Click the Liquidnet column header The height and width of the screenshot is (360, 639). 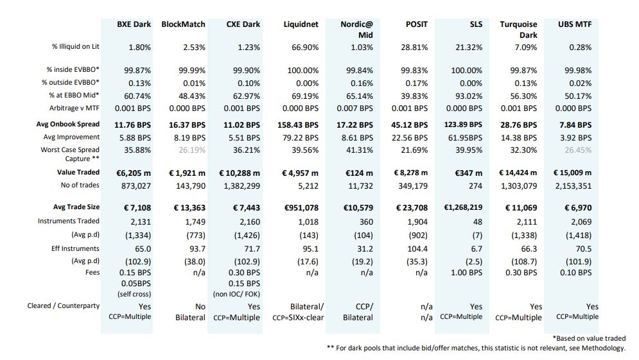coord(301,24)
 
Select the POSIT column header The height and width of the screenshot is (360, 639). coord(417,24)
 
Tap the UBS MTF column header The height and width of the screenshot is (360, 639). coord(575,24)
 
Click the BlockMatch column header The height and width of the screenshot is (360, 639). coord(184,24)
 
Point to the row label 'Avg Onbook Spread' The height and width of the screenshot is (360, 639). coord(67,124)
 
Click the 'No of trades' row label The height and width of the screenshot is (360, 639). coord(80,185)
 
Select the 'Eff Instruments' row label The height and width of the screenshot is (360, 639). coord(75,248)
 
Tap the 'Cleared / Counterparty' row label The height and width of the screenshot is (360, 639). coord(63,305)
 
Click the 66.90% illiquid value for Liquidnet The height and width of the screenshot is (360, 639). coord(305,47)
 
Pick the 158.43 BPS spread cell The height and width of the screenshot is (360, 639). coord(298,125)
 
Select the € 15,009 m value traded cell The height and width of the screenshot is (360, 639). coord(572,173)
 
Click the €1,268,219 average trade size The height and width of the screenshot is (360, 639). coord(463,207)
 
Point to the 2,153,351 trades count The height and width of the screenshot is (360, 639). coord(573,186)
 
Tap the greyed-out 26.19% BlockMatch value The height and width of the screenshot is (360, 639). coord(192,150)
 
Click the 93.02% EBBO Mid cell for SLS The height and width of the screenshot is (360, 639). coord(469,96)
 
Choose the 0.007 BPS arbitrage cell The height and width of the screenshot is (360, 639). coord(355,108)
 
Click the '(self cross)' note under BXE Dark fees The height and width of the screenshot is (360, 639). coord(134,294)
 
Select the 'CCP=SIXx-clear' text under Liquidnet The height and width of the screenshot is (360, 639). coord(298,318)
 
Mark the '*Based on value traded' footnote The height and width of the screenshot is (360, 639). coord(589,338)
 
